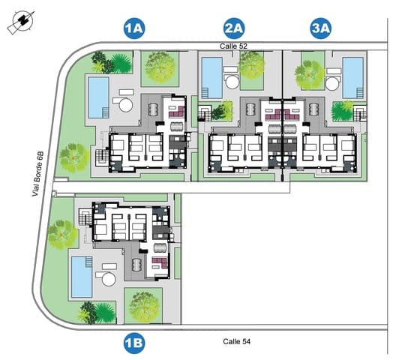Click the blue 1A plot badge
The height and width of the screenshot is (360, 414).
point(134,29)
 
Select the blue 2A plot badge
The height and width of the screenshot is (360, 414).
point(234,29)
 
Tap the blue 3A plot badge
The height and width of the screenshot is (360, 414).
point(321,29)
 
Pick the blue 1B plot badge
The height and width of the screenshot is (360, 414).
point(134,343)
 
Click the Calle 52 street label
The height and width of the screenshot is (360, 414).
point(233,46)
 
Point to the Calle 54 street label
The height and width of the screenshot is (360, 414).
point(237,341)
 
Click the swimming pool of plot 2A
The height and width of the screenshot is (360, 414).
point(211,78)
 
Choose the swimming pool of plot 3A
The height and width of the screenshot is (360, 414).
point(352,76)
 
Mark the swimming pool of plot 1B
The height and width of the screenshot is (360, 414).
point(80,276)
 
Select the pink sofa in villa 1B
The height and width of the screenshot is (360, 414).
point(157,262)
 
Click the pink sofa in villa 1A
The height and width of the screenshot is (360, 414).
point(176,110)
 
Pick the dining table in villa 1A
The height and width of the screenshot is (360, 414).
point(154,109)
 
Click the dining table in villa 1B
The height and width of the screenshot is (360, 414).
point(136,265)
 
